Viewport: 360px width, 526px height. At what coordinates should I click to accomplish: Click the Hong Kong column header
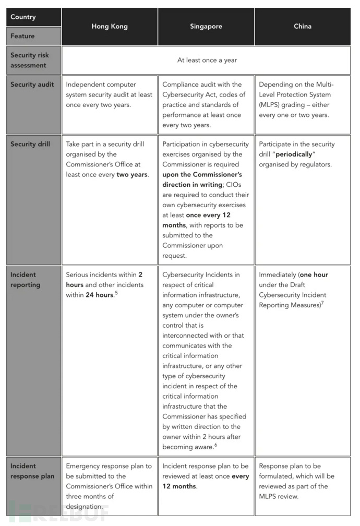click(x=110, y=26)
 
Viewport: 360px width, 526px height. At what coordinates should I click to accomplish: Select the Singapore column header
click(x=206, y=26)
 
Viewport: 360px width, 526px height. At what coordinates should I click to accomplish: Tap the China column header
click(x=303, y=26)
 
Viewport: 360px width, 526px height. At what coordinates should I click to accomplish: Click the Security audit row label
click(x=32, y=85)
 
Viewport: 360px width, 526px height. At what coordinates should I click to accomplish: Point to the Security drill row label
click(x=30, y=144)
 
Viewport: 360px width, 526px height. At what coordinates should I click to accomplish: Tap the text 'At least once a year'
click(x=207, y=60)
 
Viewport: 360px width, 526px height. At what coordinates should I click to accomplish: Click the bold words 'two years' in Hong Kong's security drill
click(x=131, y=174)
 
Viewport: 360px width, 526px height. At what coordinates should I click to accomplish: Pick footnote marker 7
click(x=323, y=303)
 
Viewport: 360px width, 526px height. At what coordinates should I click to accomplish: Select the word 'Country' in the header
click(x=23, y=17)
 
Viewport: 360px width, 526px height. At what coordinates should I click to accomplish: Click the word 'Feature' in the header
click(x=22, y=36)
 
